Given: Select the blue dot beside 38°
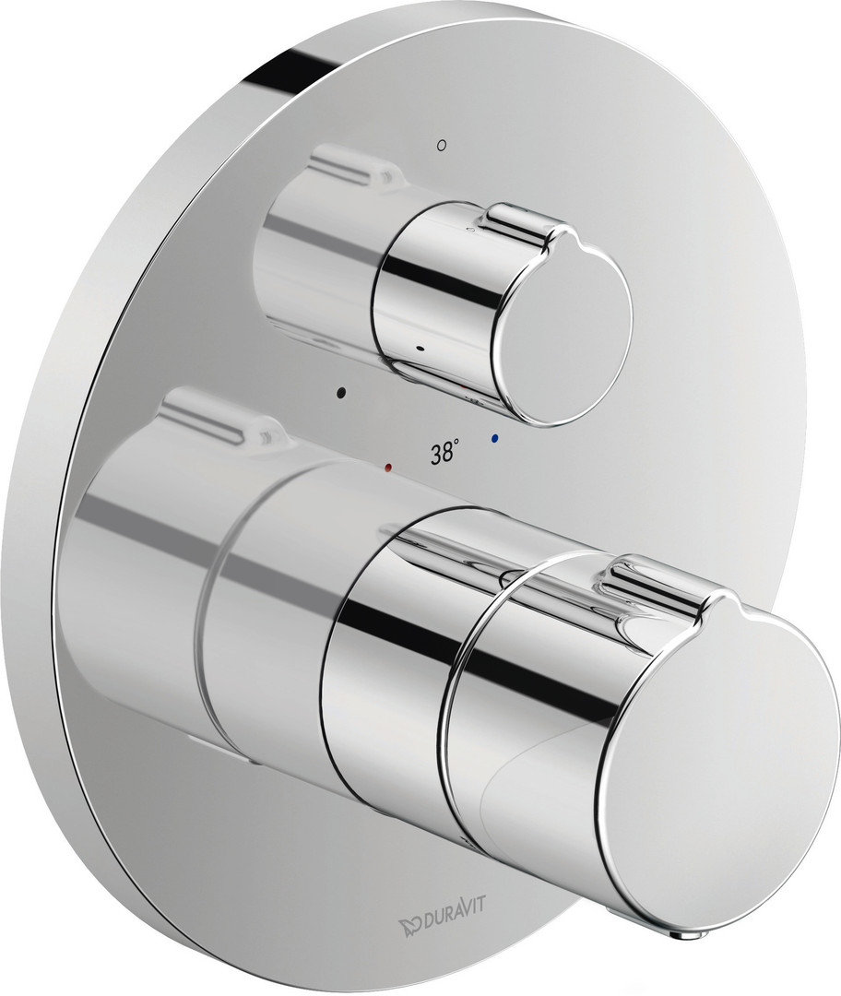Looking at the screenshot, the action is tap(495, 438).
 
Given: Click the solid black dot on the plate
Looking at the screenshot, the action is tap(342, 392).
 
